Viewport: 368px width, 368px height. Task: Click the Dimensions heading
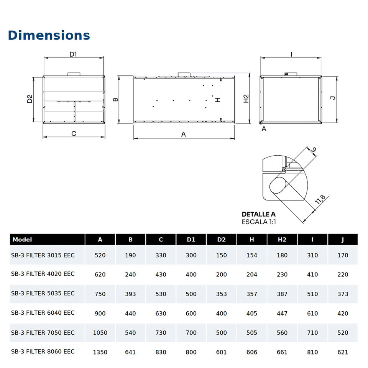point(49,35)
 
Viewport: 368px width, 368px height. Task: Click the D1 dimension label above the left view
point(73,54)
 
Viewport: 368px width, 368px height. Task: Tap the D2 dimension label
point(30,99)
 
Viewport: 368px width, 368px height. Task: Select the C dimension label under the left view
point(74,133)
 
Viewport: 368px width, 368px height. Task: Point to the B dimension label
point(115,100)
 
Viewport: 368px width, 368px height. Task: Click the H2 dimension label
point(246,99)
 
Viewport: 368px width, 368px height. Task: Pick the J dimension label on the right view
point(333,98)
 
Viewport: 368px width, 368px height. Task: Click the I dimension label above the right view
point(291,54)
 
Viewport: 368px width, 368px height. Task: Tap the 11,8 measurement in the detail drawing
point(320,199)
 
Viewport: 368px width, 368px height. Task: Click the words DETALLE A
point(259,214)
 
